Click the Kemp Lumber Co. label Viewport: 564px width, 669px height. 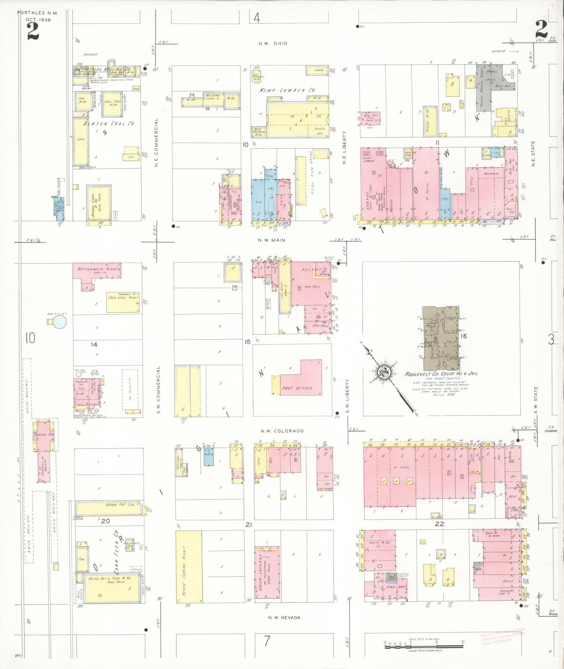288,90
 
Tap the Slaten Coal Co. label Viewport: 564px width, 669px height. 109,124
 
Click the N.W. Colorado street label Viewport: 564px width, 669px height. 282,431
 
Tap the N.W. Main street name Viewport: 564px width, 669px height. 272,240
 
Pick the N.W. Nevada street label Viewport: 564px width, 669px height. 284,617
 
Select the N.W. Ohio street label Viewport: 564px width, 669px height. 273,43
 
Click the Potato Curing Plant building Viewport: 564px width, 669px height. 189,566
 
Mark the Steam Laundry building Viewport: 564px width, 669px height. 267,573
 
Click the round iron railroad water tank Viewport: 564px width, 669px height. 60,322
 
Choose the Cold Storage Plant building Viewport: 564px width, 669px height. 123,302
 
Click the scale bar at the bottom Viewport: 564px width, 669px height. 423,646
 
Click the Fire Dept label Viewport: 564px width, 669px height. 396,587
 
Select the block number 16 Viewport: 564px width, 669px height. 464,336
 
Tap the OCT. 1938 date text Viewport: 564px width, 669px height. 38,20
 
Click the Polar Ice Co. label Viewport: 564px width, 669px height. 87,411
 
